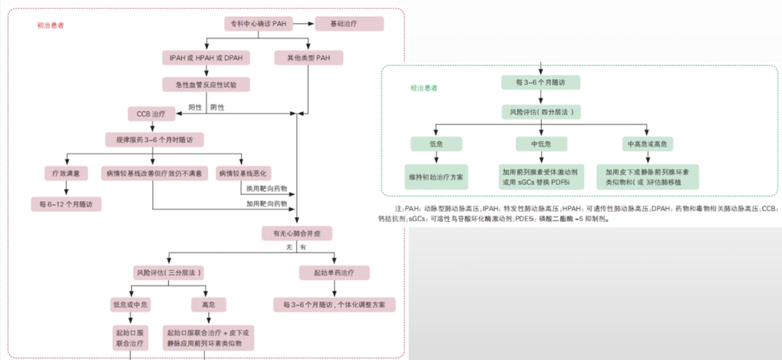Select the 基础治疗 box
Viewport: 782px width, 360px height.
349,23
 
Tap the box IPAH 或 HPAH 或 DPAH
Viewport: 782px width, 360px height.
206,58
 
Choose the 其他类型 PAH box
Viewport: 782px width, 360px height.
308,58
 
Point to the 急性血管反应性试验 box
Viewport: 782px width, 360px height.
206,85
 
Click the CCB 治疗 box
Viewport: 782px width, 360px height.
151,114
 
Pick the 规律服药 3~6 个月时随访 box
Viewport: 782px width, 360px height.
154,139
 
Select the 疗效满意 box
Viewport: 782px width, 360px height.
66,173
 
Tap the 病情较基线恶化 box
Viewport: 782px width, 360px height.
243,173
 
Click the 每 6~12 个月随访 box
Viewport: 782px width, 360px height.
66,204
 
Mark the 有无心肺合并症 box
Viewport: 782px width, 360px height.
298,233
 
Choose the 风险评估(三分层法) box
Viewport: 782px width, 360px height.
168,272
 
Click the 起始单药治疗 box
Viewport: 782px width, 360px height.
335,272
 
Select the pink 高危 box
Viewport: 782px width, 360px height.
208,304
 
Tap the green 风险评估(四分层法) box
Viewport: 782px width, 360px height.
541,112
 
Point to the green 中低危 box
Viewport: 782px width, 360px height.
541,143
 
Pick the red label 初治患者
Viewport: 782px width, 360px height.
51,25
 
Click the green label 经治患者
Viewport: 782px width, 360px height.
424,88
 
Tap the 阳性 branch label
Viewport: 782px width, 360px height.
195,108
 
